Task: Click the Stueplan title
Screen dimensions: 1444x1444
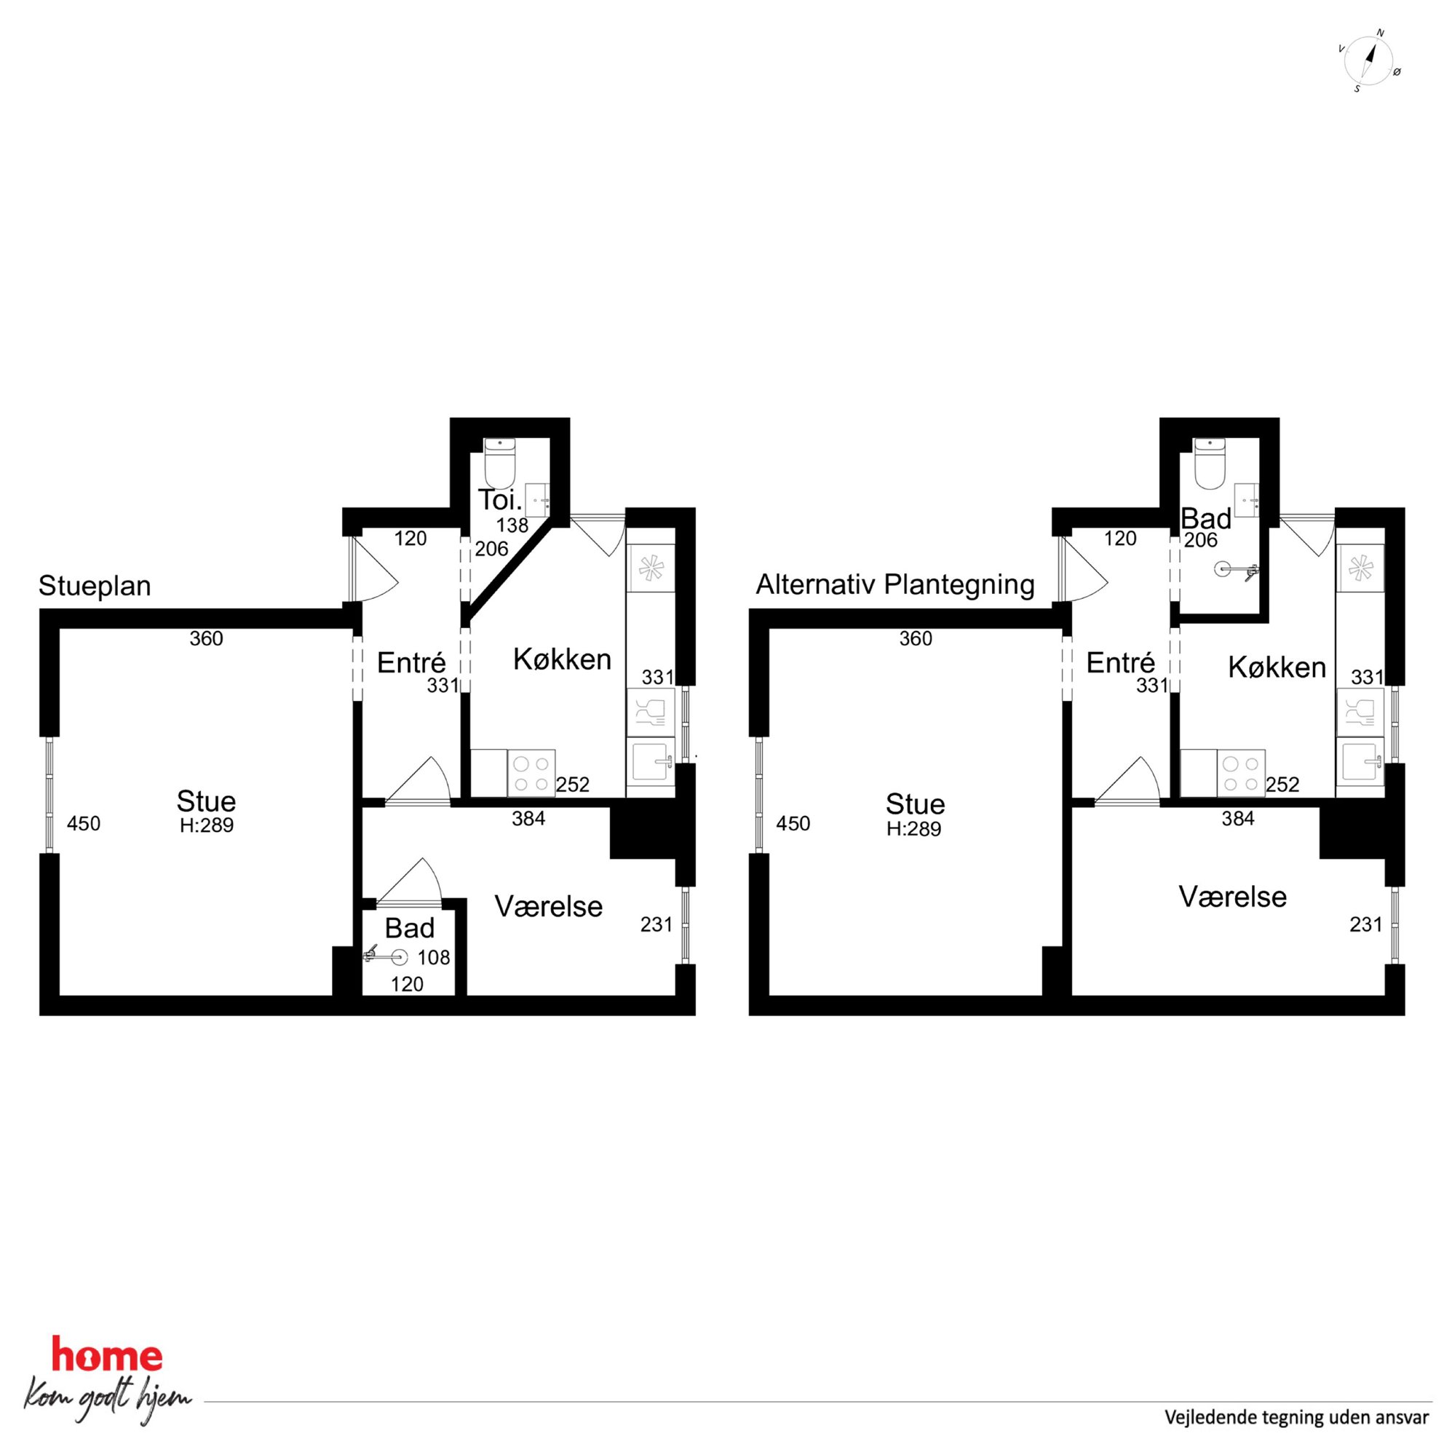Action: (95, 586)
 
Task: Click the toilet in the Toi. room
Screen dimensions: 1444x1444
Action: (500, 462)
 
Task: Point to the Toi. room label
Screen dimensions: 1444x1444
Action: (499, 499)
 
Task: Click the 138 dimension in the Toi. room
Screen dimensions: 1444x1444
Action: (512, 525)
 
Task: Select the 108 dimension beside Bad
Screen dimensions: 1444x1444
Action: (435, 957)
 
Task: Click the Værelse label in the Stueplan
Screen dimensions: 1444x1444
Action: (549, 907)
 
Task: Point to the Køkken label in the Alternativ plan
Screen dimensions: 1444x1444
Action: (1277, 667)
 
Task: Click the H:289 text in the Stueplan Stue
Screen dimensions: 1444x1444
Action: (207, 826)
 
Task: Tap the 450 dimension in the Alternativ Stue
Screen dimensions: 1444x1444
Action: (793, 824)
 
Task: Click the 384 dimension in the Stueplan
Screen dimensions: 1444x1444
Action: (528, 819)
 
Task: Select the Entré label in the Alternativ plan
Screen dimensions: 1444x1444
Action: (1120, 663)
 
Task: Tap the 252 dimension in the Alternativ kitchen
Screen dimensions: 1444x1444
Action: (1282, 785)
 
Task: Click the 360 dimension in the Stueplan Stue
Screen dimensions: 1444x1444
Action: (206, 638)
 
